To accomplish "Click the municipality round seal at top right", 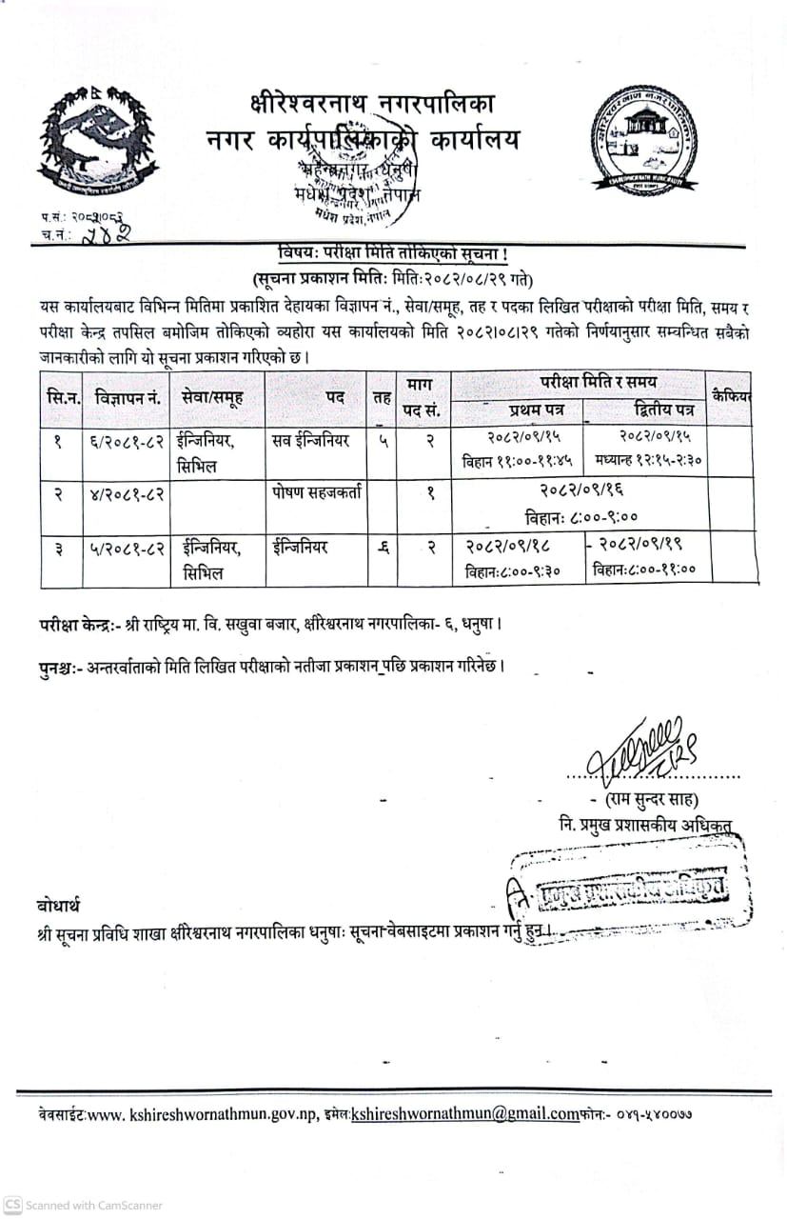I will [x=645, y=141].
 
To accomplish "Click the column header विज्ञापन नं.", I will [x=126, y=395].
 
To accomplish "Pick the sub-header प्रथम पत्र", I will [x=516, y=410].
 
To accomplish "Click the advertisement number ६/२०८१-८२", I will [x=127, y=441].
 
